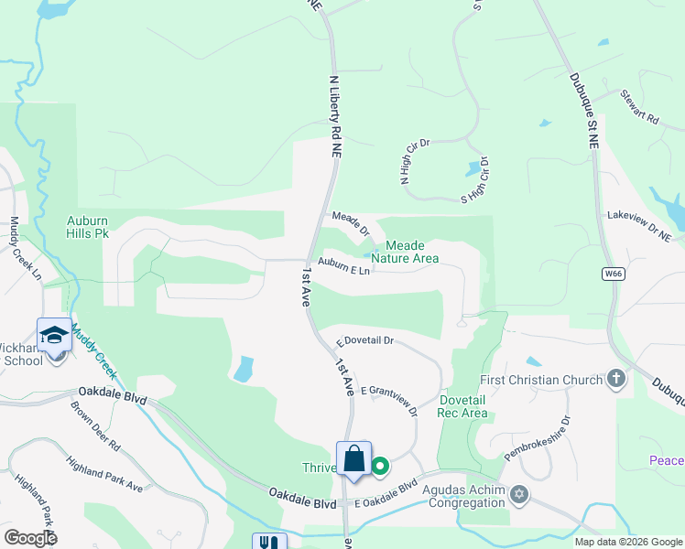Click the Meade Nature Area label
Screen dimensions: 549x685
coord(411,253)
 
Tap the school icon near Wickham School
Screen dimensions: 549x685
coord(54,335)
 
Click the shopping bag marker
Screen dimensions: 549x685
coord(354,459)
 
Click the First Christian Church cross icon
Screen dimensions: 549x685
coord(616,379)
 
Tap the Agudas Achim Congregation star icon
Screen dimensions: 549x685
coord(519,495)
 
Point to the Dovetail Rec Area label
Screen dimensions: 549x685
coord(463,406)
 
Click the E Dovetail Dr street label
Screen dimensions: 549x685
coord(364,340)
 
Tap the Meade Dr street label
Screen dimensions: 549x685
coord(351,224)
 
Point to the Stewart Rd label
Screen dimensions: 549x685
coord(639,106)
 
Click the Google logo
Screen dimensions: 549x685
coord(30,538)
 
